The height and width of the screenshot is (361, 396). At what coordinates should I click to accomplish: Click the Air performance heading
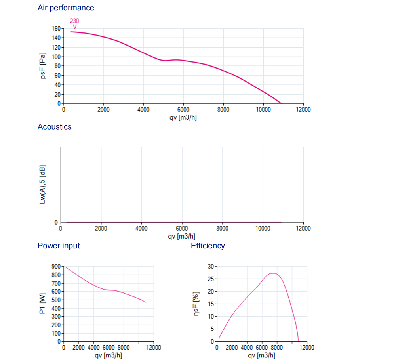(x=66, y=8)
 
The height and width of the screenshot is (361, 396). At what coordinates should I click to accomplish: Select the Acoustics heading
(x=54, y=127)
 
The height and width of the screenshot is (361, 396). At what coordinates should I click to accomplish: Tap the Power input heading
(x=59, y=246)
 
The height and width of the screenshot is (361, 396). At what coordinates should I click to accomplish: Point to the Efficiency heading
(x=208, y=246)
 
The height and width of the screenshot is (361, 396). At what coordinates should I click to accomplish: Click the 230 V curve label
(x=74, y=24)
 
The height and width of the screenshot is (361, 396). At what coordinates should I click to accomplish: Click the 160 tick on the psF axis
(x=55, y=29)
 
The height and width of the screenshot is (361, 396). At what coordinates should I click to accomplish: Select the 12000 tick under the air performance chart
(x=303, y=110)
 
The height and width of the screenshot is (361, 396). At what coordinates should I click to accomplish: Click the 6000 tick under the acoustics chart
(x=182, y=229)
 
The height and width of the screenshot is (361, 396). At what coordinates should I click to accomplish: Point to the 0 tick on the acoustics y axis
(x=56, y=222)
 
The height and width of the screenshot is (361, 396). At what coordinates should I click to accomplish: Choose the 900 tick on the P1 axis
(x=57, y=267)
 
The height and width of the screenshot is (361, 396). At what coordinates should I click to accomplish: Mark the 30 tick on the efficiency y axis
(x=211, y=267)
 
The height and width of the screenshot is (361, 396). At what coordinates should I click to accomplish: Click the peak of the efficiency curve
(x=274, y=273)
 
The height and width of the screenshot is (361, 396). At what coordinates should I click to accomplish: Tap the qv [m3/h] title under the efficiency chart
(x=261, y=355)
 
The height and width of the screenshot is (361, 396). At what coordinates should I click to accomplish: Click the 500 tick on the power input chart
(x=57, y=300)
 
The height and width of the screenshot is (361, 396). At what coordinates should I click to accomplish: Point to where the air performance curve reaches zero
(x=281, y=103)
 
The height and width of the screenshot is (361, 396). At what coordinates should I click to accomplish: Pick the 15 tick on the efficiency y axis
(x=211, y=304)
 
